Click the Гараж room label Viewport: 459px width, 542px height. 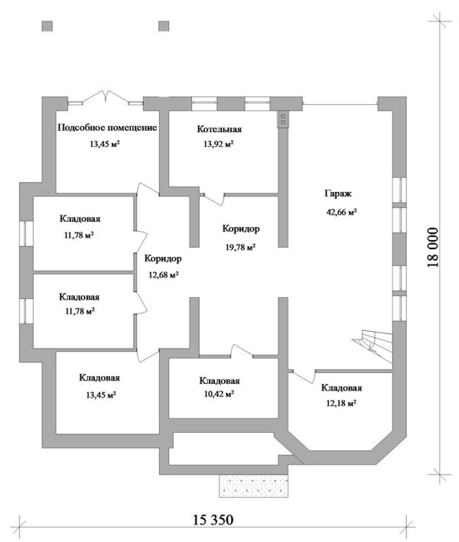[x=338, y=194]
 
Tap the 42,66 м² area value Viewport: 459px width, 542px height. [x=341, y=212]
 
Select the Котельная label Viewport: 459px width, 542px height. [x=220, y=129]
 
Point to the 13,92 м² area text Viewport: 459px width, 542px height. [x=218, y=144]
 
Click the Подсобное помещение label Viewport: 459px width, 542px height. [x=107, y=128]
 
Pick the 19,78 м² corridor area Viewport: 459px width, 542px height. [x=240, y=247]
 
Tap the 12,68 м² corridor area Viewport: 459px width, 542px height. [x=164, y=275]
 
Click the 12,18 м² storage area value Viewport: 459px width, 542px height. [x=341, y=403]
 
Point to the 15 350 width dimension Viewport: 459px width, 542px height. [x=213, y=519]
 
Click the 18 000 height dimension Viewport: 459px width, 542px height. [x=433, y=247]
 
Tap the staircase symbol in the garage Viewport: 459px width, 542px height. [x=373, y=346]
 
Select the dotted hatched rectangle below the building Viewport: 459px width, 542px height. [x=253, y=485]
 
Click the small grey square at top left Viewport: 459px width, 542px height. [x=47, y=26]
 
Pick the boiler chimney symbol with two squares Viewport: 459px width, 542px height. [x=283, y=119]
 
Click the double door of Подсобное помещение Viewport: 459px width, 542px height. [x=106, y=97]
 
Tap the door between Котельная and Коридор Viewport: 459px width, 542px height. [x=213, y=199]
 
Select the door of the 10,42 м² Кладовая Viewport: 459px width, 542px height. [x=242, y=350]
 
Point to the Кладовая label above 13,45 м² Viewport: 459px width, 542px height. [x=99, y=378]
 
